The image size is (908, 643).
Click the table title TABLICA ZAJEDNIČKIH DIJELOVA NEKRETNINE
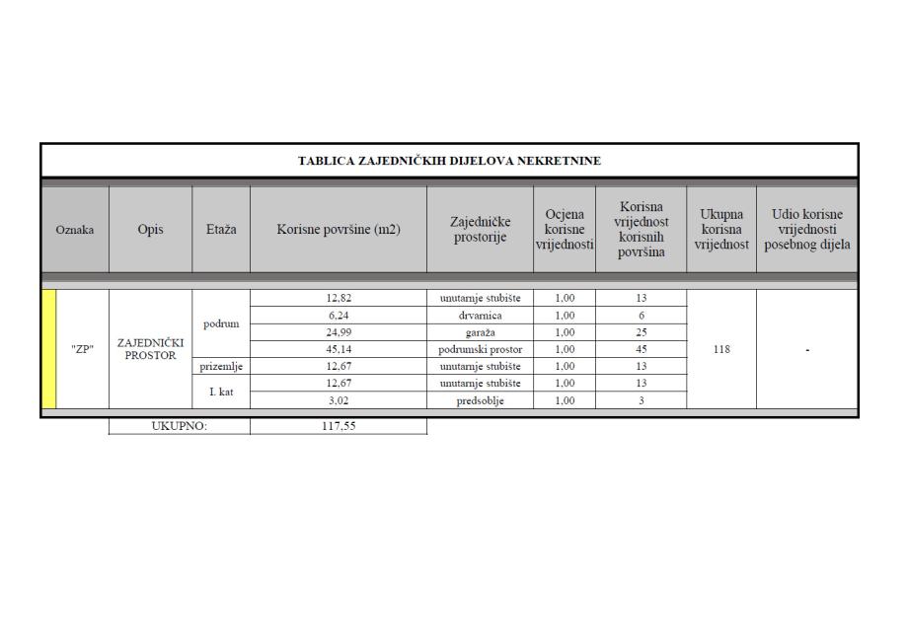point(449,161)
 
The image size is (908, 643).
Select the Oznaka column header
point(75,230)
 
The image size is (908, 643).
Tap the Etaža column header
point(221,230)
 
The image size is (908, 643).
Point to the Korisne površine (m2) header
point(339,230)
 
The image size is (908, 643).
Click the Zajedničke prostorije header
point(480,230)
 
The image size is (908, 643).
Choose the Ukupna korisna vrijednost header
point(721,230)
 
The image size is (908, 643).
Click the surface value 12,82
point(339,298)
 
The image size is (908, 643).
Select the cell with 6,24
point(339,316)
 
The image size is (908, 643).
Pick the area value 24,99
point(339,332)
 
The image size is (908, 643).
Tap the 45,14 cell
point(339,349)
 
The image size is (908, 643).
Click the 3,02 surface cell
point(339,400)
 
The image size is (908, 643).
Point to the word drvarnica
point(480,316)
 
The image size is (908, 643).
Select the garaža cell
point(480,332)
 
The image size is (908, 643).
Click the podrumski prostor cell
point(480,349)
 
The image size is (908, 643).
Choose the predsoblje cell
point(480,400)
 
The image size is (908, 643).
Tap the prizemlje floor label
point(221,367)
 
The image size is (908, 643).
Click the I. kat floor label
point(221,392)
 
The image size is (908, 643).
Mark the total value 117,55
point(339,427)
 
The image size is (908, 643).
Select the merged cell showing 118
point(721,349)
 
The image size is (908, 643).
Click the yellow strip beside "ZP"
point(49,349)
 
